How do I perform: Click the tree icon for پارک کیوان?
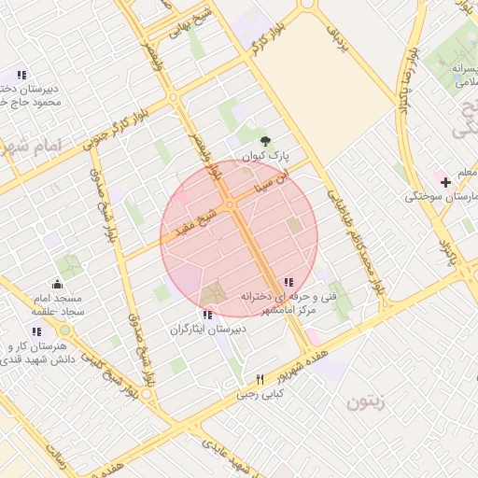[x=266, y=140]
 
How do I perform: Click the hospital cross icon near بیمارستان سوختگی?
[x=446, y=180]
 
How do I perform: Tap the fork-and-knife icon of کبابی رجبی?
[x=260, y=379]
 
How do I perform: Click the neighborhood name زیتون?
[x=366, y=403]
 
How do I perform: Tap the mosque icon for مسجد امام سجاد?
[x=58, y=285]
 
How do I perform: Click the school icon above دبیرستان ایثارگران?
[x=206, y=316]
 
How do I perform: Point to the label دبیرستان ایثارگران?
[x=207, y=330]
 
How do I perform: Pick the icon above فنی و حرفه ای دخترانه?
[x=288, y=282]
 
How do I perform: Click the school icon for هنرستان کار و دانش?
[x=36, y=331]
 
